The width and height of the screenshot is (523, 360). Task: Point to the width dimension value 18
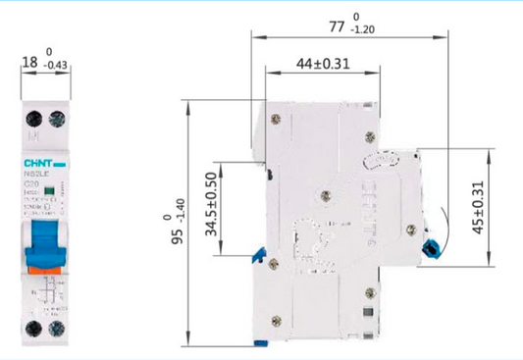click(29, 63)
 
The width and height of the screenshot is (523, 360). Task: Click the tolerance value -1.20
click(366, 31)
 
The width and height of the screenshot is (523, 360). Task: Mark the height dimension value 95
click(176, 234)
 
